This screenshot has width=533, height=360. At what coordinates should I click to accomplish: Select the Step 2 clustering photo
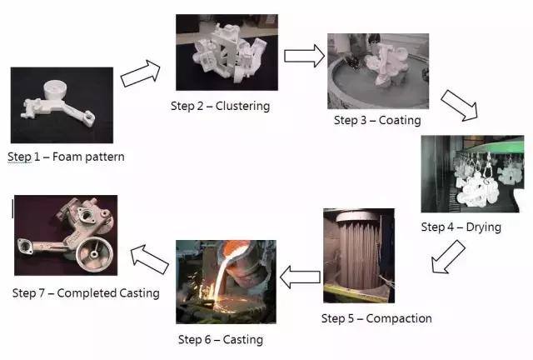[227, 52]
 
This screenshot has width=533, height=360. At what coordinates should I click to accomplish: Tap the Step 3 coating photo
[377, 72]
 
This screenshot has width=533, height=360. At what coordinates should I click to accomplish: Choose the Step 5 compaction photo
[358, 257]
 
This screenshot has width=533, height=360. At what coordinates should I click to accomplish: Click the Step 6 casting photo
[226, 282]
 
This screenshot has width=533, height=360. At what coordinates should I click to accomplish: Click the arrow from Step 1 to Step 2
[140, 73]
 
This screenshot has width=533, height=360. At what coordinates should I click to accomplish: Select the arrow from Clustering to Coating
[303, 56]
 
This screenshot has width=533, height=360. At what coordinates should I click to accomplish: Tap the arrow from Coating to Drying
[457, 106]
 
